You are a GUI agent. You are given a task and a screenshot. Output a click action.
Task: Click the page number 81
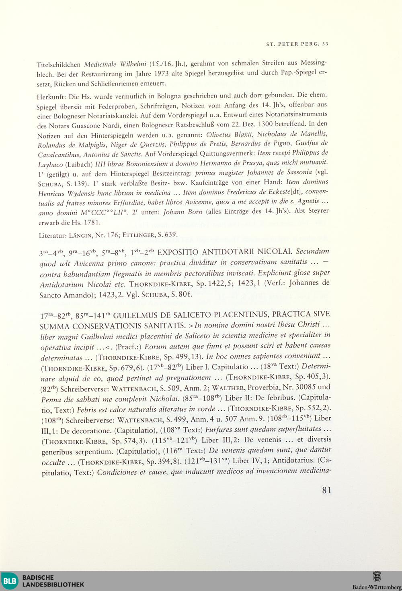326,490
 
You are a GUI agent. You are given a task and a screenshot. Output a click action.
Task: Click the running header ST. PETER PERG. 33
297,44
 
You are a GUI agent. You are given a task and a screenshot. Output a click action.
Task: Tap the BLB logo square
10,581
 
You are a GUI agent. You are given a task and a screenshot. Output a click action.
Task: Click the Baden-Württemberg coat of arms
377,577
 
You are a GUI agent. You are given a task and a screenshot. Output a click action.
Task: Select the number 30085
305,387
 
